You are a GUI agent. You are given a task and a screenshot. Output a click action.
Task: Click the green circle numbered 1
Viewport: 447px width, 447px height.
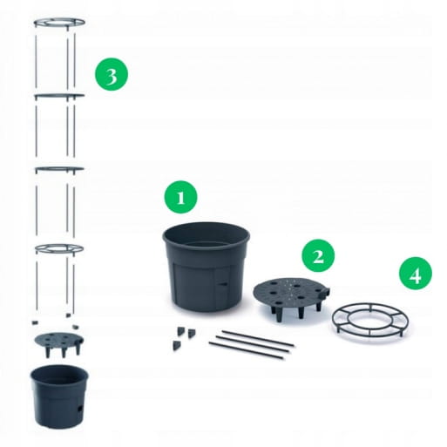pyautogui.click(x=180, y=197)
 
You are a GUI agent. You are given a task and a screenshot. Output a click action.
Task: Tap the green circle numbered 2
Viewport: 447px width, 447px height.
pyautogui.click(x=318, y=256)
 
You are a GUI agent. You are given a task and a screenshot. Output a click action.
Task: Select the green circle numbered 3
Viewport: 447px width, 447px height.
pyautogui.click(x=112, y=74)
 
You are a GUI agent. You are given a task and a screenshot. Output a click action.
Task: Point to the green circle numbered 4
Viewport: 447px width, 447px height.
pyautogui.click(x=416, y=274)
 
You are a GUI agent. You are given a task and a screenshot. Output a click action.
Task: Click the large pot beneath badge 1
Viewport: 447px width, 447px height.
pyautogui.click(x=207, y=268)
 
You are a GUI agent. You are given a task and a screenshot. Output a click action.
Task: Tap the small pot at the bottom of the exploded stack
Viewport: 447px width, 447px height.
pyautogui.click(x=59, y=396)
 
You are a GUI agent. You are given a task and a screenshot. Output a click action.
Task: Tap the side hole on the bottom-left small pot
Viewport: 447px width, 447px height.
pyautogui.click(x=80, y=410)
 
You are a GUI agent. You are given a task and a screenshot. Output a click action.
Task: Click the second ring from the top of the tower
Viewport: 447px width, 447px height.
pyautogui.click(x=59, y=96)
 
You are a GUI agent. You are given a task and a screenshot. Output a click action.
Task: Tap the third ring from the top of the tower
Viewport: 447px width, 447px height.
pyautogui.click(x=59, y=169)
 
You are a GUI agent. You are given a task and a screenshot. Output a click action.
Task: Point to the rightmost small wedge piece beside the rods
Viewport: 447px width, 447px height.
pyautogui.click(x=191, y=334)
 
